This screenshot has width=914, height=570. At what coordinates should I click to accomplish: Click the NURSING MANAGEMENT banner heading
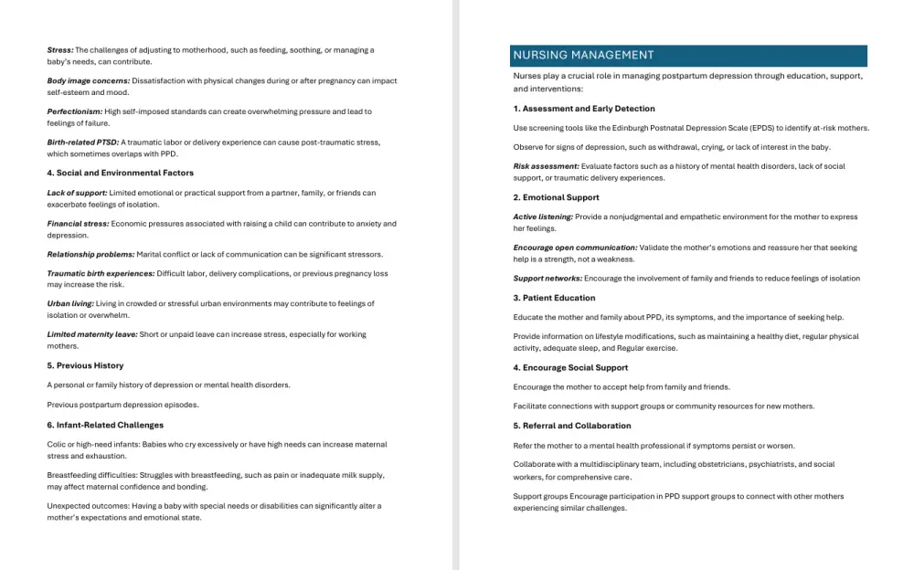pyautogui.click(x=583, y=56)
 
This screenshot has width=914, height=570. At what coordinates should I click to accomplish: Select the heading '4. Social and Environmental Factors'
pyautogui.click(x=120, y=173)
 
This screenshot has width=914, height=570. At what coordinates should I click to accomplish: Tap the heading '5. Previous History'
pyautogui.click(x=85, y=365)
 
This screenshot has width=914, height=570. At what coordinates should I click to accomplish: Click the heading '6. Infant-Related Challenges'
pyautogui.click(x=105, y=425)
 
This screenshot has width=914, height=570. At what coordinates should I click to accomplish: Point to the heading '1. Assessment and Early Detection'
pyautogui.click(x=583, y=109)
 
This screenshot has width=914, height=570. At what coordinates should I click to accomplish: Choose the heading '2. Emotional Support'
pyautogui.click(x=556, y=197)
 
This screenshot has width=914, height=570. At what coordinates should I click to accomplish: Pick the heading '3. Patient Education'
pyautogui.click(x=554, y=298)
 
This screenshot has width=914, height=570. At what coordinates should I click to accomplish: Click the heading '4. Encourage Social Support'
pyautogui.click(x=570, y=367)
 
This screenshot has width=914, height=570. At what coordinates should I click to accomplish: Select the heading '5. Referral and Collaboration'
pyautogui.click(x=571, y=426)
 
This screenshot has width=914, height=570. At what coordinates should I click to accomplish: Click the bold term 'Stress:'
pyautogui.click(x=60, y=50)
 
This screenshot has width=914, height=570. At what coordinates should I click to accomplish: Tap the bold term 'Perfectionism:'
pyautogui.click(x=75, y=111)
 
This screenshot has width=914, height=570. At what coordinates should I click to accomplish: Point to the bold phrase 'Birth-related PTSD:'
pyautogui.click(x=83, y=142)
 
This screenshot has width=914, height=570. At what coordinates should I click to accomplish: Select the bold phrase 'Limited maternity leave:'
pyautogui.click(x=92, y=334)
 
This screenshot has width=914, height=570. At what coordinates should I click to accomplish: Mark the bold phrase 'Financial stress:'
pyautogui.click(x=78, y=224)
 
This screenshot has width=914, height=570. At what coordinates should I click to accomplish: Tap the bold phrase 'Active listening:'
pyautogui.click(x=543, y=216)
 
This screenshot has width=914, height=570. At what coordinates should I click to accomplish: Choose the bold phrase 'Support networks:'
pyautogui.click(x=547, y=279)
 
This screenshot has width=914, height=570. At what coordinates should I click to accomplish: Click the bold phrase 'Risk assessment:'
pyautogui.click(x=546, y=166)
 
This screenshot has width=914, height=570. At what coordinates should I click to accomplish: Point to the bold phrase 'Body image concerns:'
pyautogui.click(x=89, y=80)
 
